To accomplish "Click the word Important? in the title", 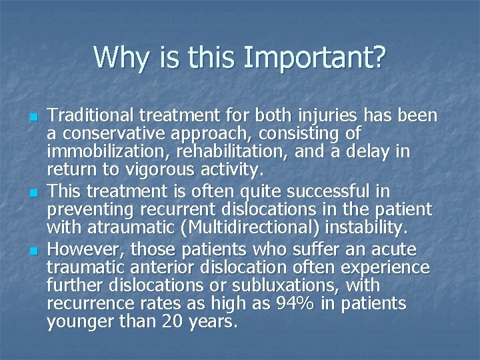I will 315,59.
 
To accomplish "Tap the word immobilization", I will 100,152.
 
